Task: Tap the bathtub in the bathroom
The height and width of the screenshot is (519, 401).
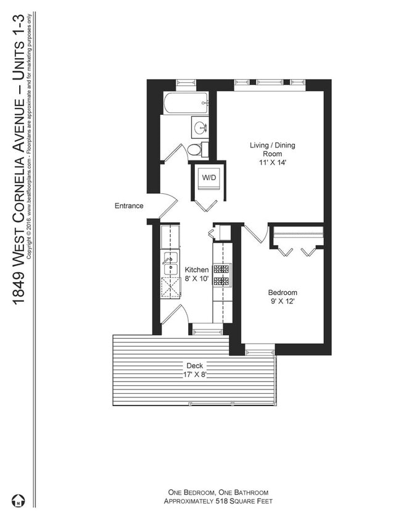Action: [185, 102]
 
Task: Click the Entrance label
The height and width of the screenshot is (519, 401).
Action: [129, 206]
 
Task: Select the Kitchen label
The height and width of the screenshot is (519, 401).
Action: [197, 270]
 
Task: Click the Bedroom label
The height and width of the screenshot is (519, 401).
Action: [282, 293]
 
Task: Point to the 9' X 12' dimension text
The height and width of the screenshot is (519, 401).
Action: [282, 302]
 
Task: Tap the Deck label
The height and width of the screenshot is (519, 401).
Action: [195, 365]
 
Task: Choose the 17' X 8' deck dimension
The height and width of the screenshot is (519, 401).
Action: [195, 374]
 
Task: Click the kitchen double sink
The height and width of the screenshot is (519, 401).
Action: [169, 264]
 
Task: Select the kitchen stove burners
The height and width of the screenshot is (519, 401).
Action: [222, 275]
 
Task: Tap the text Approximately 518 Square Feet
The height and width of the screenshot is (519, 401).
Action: [218, 502]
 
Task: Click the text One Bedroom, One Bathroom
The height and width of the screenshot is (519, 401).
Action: [218, 492]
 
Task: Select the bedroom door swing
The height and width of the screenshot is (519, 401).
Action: [255, 234]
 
